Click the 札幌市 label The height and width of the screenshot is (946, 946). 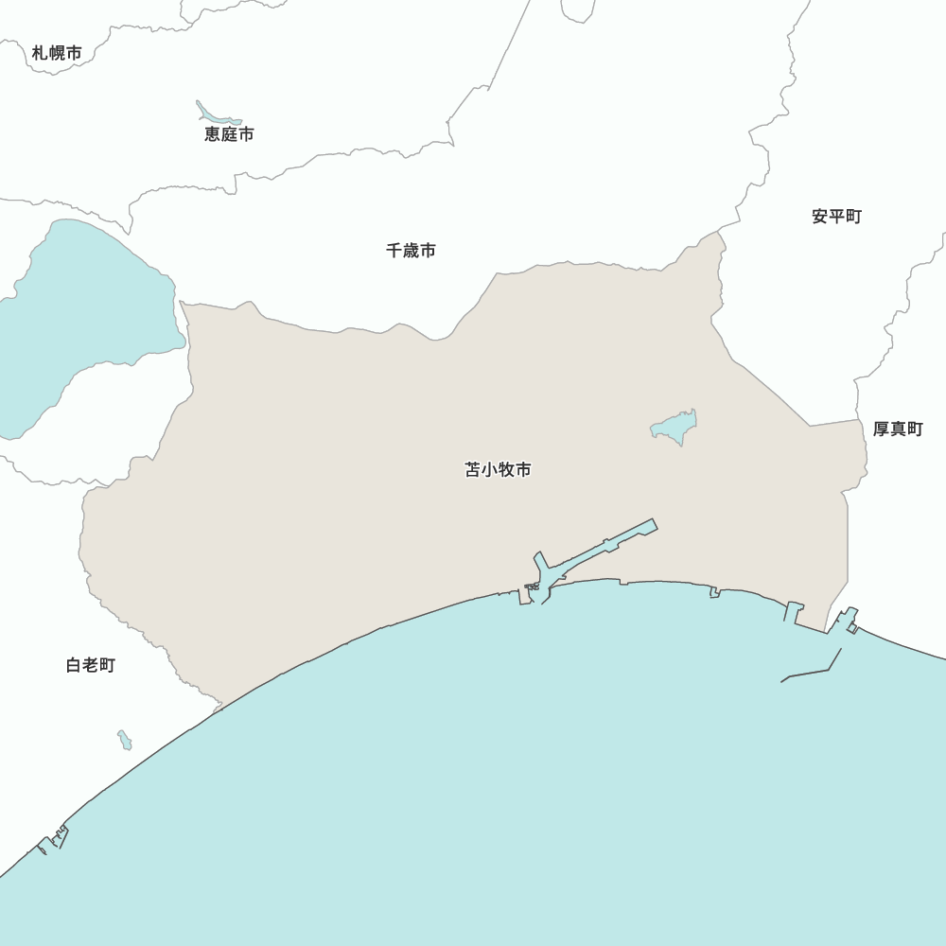click(57, 53)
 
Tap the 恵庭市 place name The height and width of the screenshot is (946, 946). click(229, 134)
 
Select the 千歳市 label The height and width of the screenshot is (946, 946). click(411, 251)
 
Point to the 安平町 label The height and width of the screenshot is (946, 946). click(836, 217)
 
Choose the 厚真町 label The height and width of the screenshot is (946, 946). click(897, 429)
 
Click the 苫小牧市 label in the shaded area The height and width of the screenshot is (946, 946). click(498, 470)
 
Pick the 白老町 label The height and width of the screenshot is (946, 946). click(91, 665)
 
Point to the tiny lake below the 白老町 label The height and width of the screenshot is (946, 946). click(125, 741)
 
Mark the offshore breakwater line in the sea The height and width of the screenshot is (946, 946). click(814, 672)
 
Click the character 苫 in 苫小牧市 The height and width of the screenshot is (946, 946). click(473, 470)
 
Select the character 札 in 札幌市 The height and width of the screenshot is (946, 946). click(40, 53)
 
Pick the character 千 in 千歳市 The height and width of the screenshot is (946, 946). click(394, 251)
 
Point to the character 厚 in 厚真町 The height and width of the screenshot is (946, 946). click(881, 429)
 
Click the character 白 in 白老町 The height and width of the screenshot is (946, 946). click(74, 665)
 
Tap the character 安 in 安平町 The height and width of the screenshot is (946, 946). click(819, 217)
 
